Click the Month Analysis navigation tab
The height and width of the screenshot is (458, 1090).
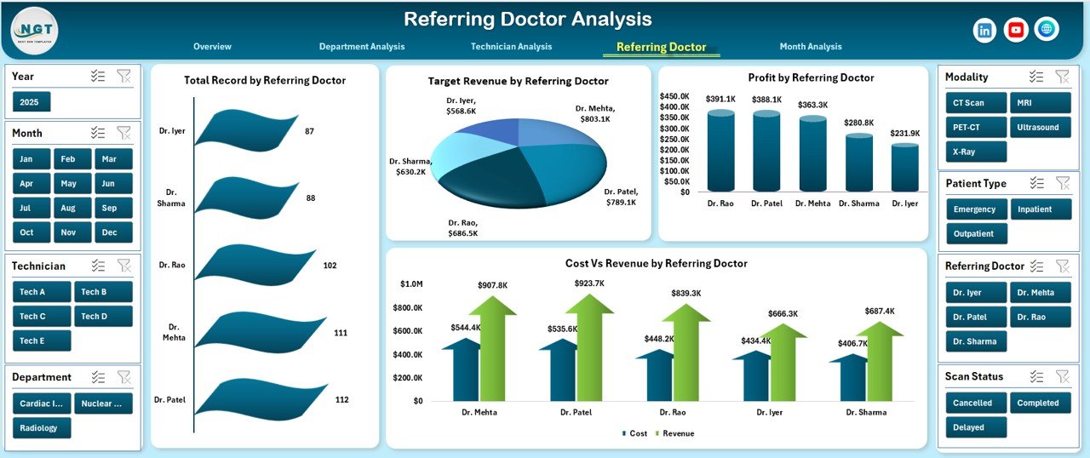(x=810, y=47)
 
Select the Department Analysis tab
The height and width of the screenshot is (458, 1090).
(x=362, y=47)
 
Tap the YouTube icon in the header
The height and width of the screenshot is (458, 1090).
(x=1016, y=30)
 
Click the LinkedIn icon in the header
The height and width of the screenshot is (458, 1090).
(x=985, y=30)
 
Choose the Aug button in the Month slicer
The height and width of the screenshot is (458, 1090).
(x=69, y=208)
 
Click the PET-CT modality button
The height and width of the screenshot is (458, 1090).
(x=976, y=128)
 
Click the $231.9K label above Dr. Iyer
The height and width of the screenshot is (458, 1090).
(x=905, y=134)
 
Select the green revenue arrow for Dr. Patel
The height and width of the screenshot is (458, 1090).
(x=589, y=349)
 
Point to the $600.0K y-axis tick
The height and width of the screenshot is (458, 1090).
(x=406, y=331)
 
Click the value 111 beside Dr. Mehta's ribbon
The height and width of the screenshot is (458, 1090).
(x=341, y=333)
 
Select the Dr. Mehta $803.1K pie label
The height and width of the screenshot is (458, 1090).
(x=594, y=114)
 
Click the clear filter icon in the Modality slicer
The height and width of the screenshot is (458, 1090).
(x=1062, y=77)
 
